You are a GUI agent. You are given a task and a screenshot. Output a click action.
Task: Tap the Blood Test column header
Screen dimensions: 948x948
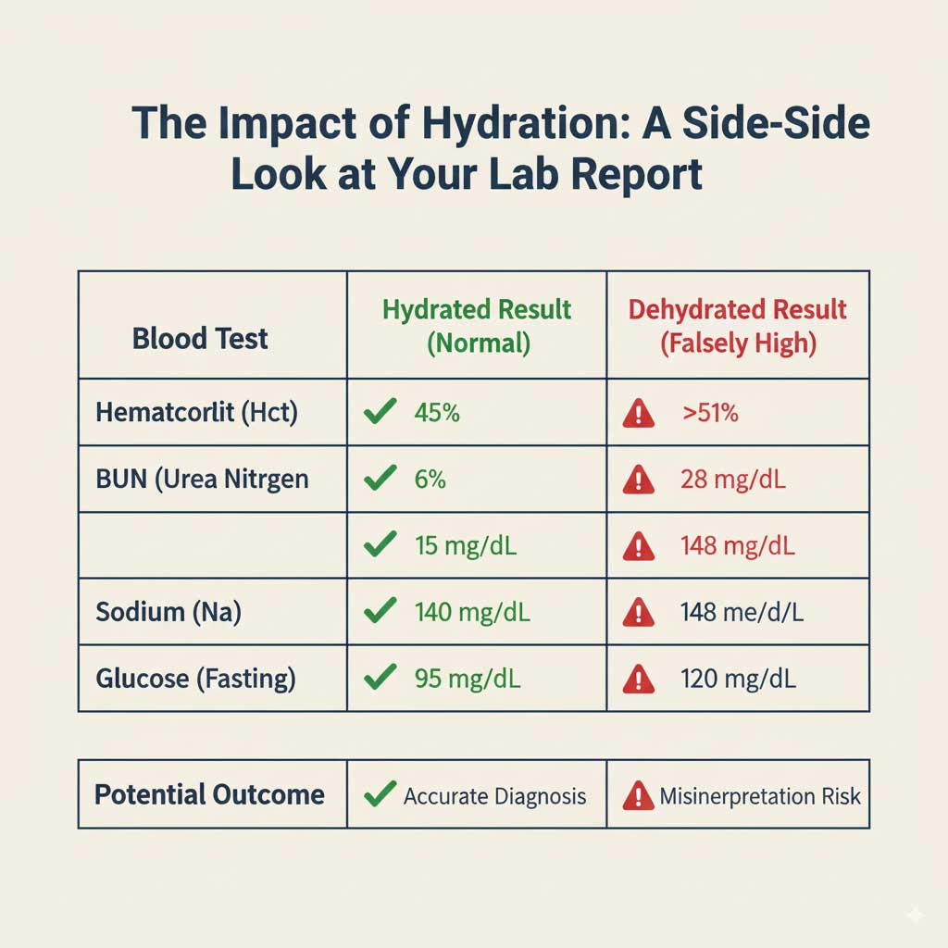pos(200,338)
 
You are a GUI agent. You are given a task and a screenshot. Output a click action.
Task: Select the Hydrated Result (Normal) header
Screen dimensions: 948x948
pos(477,326)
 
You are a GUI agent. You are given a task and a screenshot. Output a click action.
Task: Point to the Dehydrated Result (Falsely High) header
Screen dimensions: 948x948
pos(738,326)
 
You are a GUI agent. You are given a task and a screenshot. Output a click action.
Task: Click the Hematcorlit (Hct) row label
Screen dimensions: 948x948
pos(196,412)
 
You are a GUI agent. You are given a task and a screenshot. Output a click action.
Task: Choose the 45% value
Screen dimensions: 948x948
pos(436,412)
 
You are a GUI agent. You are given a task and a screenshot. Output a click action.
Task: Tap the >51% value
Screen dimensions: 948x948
pos(710,413)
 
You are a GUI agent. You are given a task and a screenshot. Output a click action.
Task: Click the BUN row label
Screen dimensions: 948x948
pos(202,479)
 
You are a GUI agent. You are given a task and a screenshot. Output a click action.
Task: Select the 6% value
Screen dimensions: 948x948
pos(430,479)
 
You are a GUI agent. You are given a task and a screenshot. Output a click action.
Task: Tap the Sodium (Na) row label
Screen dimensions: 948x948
pos(168,612)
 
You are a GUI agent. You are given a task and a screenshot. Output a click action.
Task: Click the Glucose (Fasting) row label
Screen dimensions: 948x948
pos(195,679)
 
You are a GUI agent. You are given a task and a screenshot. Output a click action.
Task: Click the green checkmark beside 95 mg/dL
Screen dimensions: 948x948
pos(380,678)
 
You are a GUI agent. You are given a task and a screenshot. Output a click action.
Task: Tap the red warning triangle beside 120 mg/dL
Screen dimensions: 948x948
pos(639,680)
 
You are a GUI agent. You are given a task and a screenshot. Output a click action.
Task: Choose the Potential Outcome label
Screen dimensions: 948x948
pos(209,794)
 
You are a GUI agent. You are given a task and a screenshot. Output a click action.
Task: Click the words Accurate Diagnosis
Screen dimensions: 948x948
pos(494,795)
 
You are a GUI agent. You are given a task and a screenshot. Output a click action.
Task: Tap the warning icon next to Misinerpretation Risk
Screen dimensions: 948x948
pos(638,795)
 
